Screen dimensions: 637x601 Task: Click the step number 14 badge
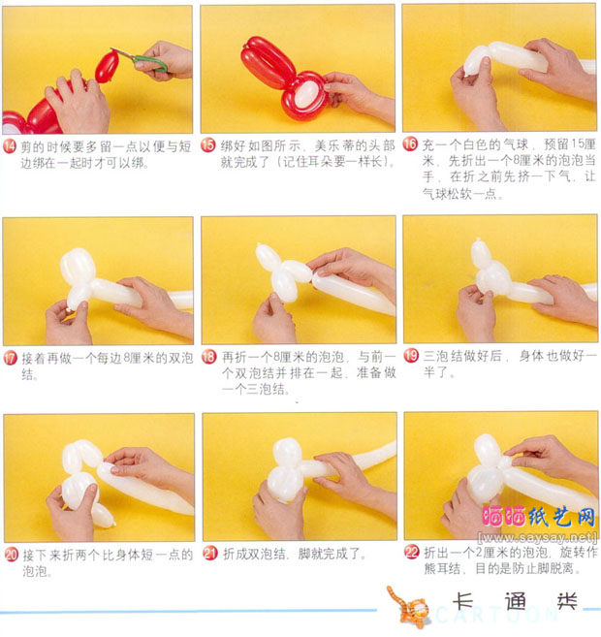pos(11,145)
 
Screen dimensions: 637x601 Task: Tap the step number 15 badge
pos(207,145)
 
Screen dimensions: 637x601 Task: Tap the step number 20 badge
pos(11,555)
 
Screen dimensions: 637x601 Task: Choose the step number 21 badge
pos(207,555)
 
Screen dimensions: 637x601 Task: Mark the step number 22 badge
pos(411,553)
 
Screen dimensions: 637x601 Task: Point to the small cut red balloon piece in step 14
pos(107,66)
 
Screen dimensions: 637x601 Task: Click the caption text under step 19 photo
pos(499,364)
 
